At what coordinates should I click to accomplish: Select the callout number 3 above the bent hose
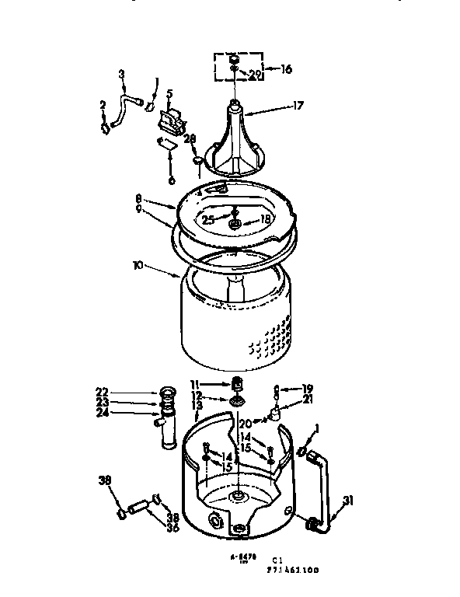click(121, 74)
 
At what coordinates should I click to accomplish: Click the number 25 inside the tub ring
click(208, 220)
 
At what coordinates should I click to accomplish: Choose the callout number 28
click(189, 138)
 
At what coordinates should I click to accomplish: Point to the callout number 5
click(169, 95)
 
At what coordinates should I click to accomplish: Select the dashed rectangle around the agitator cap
click(237, 67)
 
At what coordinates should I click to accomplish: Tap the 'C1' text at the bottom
click(277, 559)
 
